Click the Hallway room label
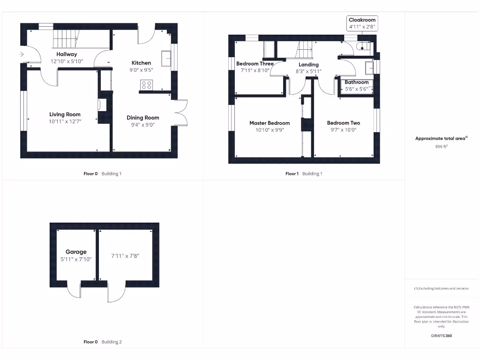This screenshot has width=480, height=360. (x=67, y=54)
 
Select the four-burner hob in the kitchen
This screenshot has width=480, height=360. (x=146, y=85)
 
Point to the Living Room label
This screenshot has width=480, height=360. (x=65, y=114)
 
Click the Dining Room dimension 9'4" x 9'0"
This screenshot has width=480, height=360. (x=142, y=125)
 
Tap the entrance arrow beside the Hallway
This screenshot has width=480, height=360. (x=21, y=55)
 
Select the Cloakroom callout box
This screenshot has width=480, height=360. (x=362, y=23)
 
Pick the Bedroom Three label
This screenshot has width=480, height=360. (x=255, y=64)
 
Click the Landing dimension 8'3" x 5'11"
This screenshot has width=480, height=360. (x=308, y=71)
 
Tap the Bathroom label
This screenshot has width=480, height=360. (x=356, y=82)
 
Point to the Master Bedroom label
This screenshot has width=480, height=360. (x=270, y=123)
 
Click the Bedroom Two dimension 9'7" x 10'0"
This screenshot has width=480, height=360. (x=344, y=130)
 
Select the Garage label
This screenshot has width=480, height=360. (x=76, y=252)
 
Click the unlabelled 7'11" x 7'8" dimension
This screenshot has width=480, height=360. (x=125, y=256)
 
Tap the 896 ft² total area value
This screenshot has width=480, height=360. (x=442, y=146)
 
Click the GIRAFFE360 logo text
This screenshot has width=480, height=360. (x=442, y=336)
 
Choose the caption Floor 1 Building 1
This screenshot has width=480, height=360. (x=304, y=173)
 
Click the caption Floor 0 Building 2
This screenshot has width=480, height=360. (x=102, y=342)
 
